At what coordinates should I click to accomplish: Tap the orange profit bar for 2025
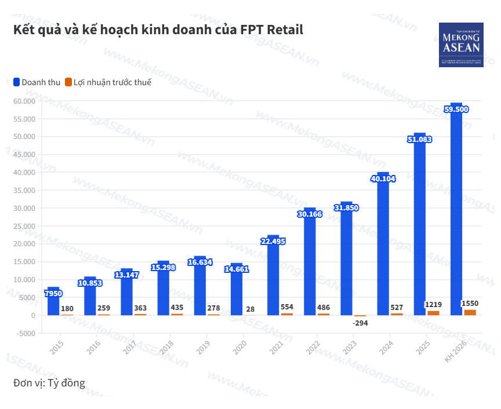(433, 313)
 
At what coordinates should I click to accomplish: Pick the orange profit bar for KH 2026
(470, 312)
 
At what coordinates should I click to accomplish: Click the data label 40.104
(383, 179)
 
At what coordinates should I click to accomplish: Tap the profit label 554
(287, 307)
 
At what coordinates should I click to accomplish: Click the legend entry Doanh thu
(37, 82)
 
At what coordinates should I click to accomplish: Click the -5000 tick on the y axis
(26, 333)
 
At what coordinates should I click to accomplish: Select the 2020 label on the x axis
(238, 347)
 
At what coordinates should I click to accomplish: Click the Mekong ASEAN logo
(460, 45)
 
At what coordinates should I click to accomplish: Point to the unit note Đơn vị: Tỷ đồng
(49, 383)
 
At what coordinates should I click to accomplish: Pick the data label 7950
(53, 294)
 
